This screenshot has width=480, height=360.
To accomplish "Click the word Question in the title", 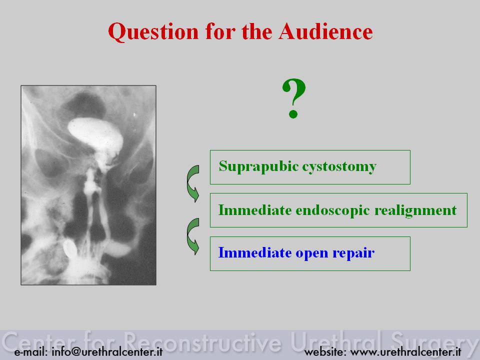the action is point(153,32).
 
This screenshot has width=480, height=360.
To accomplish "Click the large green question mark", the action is point(294,98).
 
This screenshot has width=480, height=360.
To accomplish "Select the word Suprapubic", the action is point(258,167).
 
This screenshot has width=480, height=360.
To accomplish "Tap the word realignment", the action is point(415,211).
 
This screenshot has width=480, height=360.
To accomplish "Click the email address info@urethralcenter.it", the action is point(107,351).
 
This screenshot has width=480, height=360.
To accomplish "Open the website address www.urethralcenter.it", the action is point(405,351).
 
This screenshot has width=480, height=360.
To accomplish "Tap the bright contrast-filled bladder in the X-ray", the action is point(95,134).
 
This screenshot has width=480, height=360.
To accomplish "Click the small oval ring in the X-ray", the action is point(69,248).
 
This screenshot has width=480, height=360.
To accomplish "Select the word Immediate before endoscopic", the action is point(255,210).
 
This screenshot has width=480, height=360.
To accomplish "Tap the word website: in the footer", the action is point(325,351).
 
